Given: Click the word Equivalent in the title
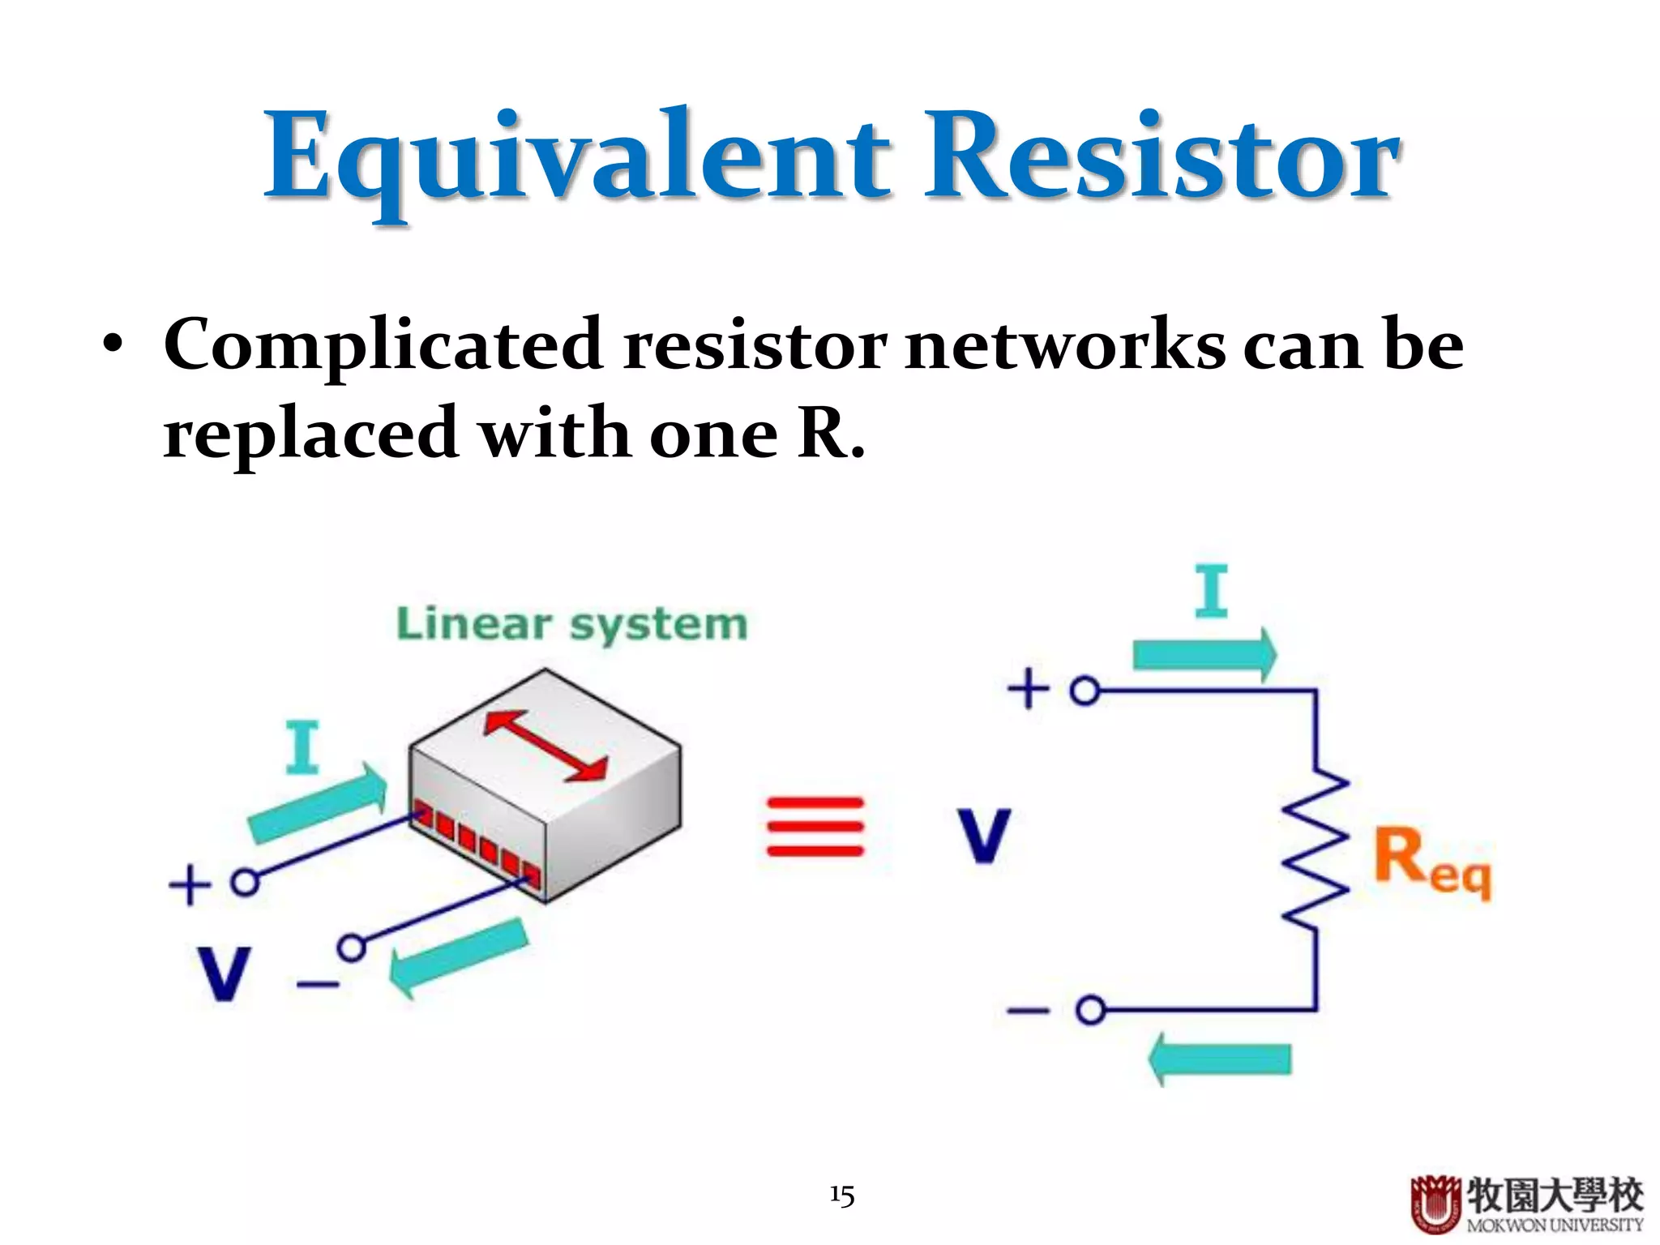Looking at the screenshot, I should coord(577,158).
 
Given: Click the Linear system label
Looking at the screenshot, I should coord(571,625).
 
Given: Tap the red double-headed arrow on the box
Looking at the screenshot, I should coord(545,745).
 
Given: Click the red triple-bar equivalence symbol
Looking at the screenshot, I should coord(815,827).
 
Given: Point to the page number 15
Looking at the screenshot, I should coord(841,1196).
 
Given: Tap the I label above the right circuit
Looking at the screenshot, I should coord(1211,593).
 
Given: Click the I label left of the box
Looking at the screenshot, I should coord(302,747).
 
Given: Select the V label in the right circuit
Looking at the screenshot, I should coord(983,836).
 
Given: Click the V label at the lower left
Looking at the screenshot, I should coord(223,973).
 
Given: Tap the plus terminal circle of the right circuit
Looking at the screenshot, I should coord(1085,691).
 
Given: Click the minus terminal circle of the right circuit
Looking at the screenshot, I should coord(1090,1010).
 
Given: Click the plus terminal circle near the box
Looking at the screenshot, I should coord(245,882).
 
